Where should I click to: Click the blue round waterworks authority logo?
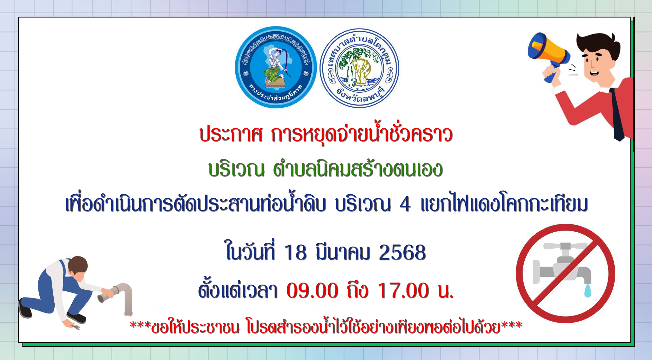tap(276, 67)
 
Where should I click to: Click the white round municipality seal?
tap(359, 68)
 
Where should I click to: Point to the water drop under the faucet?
tap(588, 291)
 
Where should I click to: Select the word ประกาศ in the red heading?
tap(231, 134)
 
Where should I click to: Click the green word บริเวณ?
tap(237, 169)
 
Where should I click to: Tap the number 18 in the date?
tap(296, 253)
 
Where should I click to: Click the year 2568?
tap(402, 253)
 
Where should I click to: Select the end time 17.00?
tap(403, 291)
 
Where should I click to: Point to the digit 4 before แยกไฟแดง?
tap(405, 205)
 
